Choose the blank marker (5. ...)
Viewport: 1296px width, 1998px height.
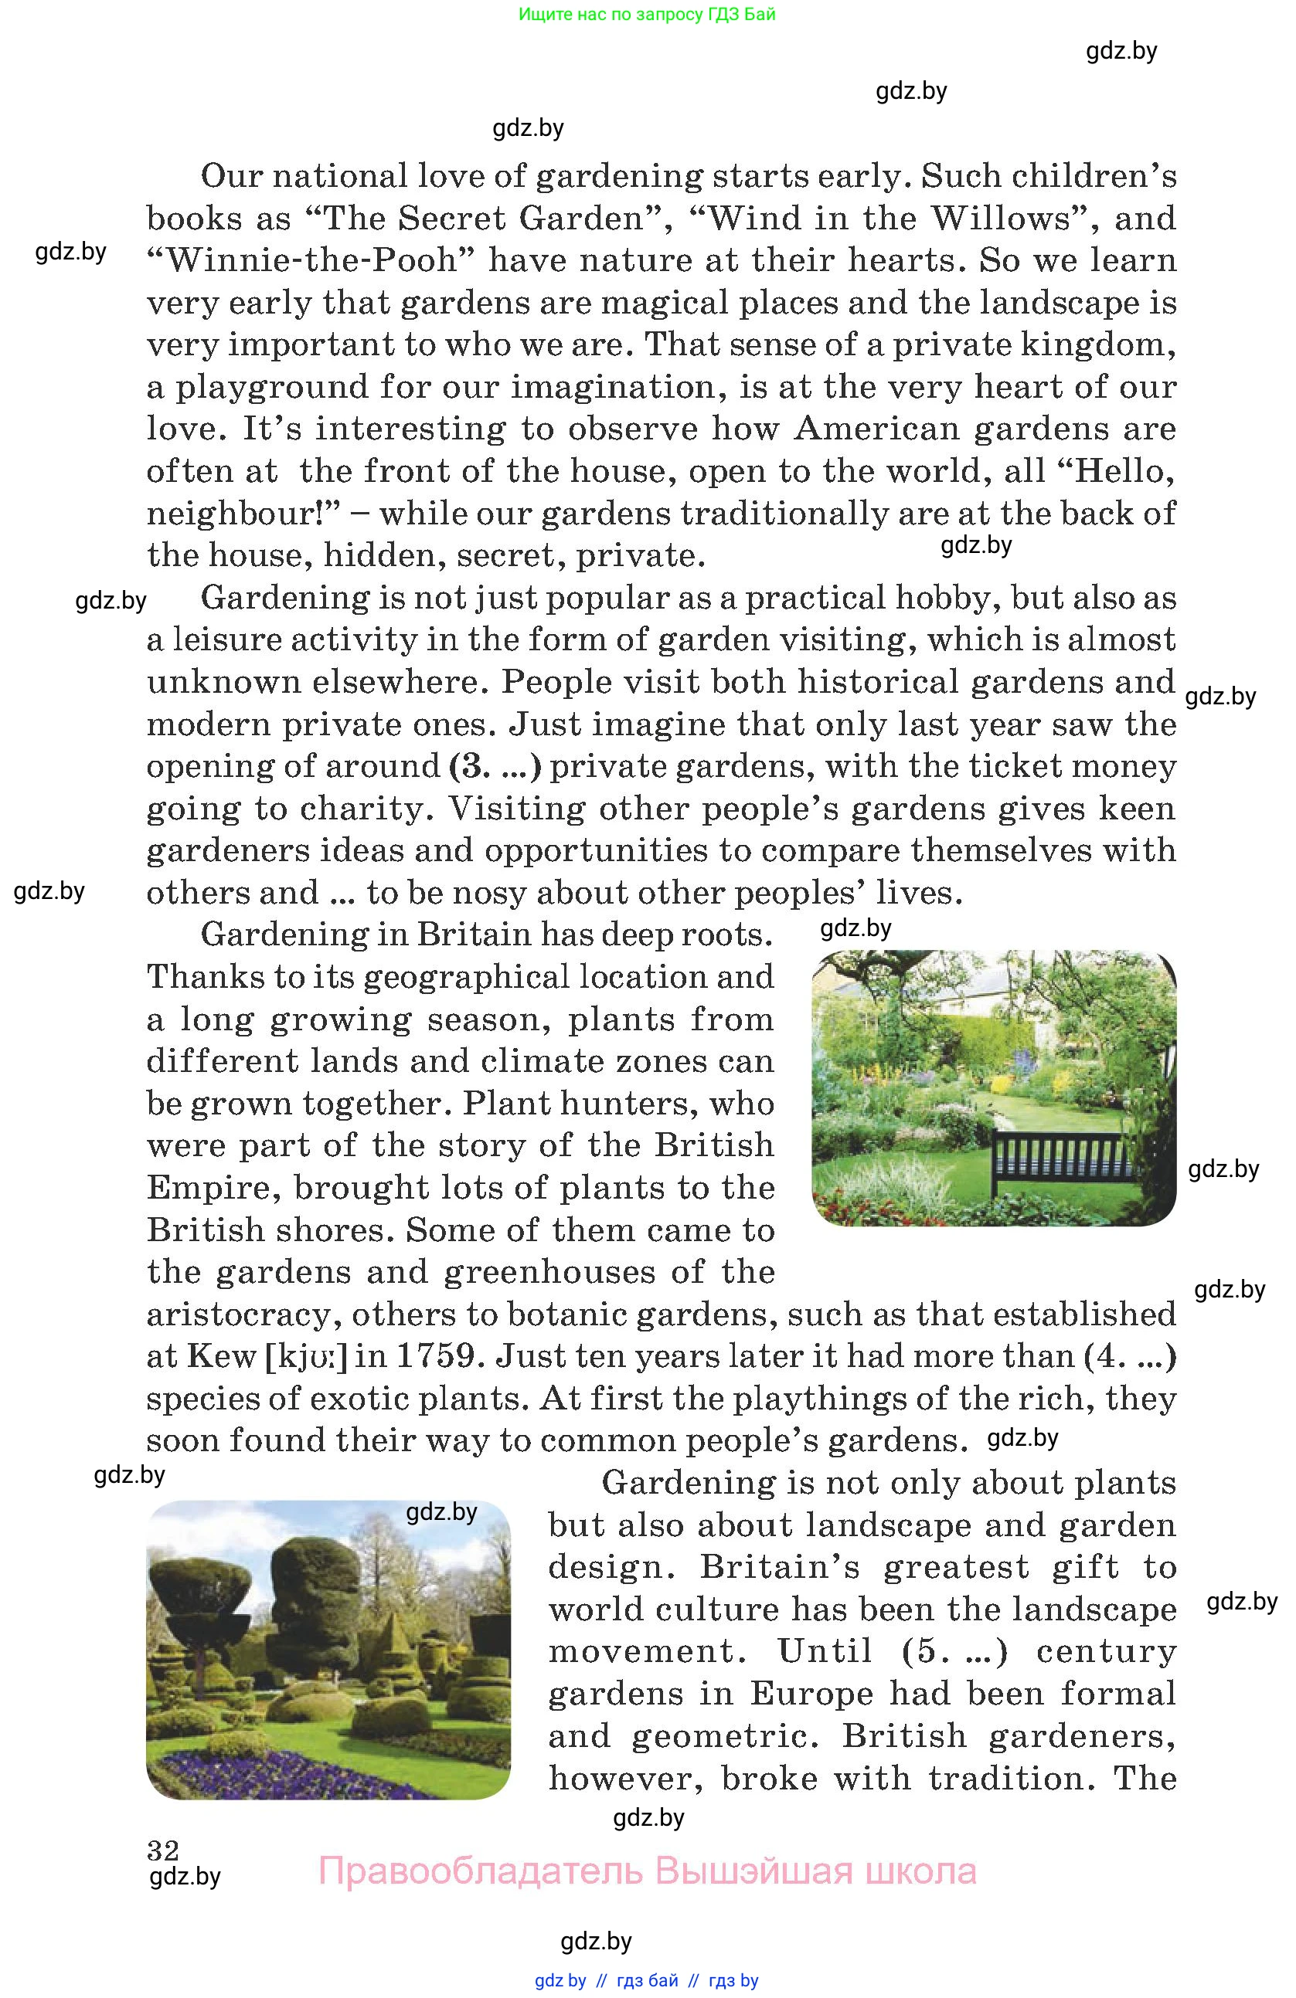(954, 1650)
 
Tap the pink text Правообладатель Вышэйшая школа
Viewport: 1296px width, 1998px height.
(647, 1871)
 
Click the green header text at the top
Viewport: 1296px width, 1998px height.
(647, 14)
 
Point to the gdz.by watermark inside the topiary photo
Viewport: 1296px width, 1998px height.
(441, 1512)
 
